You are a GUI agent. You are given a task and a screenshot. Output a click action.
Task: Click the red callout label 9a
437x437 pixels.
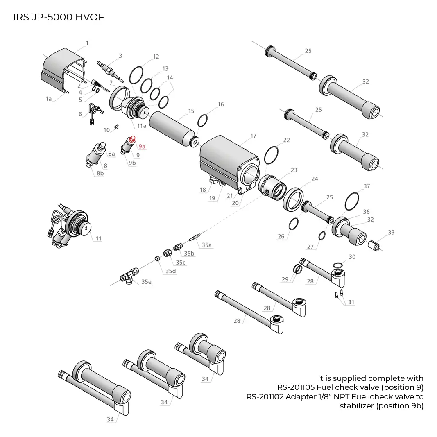click(x=142, y=146)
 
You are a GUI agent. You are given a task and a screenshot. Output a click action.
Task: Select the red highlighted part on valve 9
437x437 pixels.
click(x=132, y=139)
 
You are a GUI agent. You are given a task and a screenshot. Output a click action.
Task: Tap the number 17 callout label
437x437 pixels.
click(x=253, y=136)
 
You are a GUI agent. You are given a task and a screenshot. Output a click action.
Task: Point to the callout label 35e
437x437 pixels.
click(x=146, y=282)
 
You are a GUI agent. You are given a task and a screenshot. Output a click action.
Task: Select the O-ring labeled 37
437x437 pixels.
click(x=352, y=201)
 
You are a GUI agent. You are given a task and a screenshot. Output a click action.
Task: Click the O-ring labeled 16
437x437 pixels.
click(x=203, y=121)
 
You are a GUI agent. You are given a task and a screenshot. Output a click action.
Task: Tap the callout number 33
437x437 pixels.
click(x=391, y=232)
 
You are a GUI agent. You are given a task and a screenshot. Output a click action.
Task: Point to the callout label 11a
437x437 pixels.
click(x=142, y=126)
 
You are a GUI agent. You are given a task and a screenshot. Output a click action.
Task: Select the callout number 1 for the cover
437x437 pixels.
click(x=87, y=43)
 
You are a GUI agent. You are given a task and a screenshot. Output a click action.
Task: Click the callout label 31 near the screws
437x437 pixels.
click(x=351, y=302)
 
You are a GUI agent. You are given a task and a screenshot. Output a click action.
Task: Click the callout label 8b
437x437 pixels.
click(x=100, y=173)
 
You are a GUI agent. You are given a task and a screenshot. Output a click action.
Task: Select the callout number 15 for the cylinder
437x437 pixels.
click(x=191, y=111)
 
